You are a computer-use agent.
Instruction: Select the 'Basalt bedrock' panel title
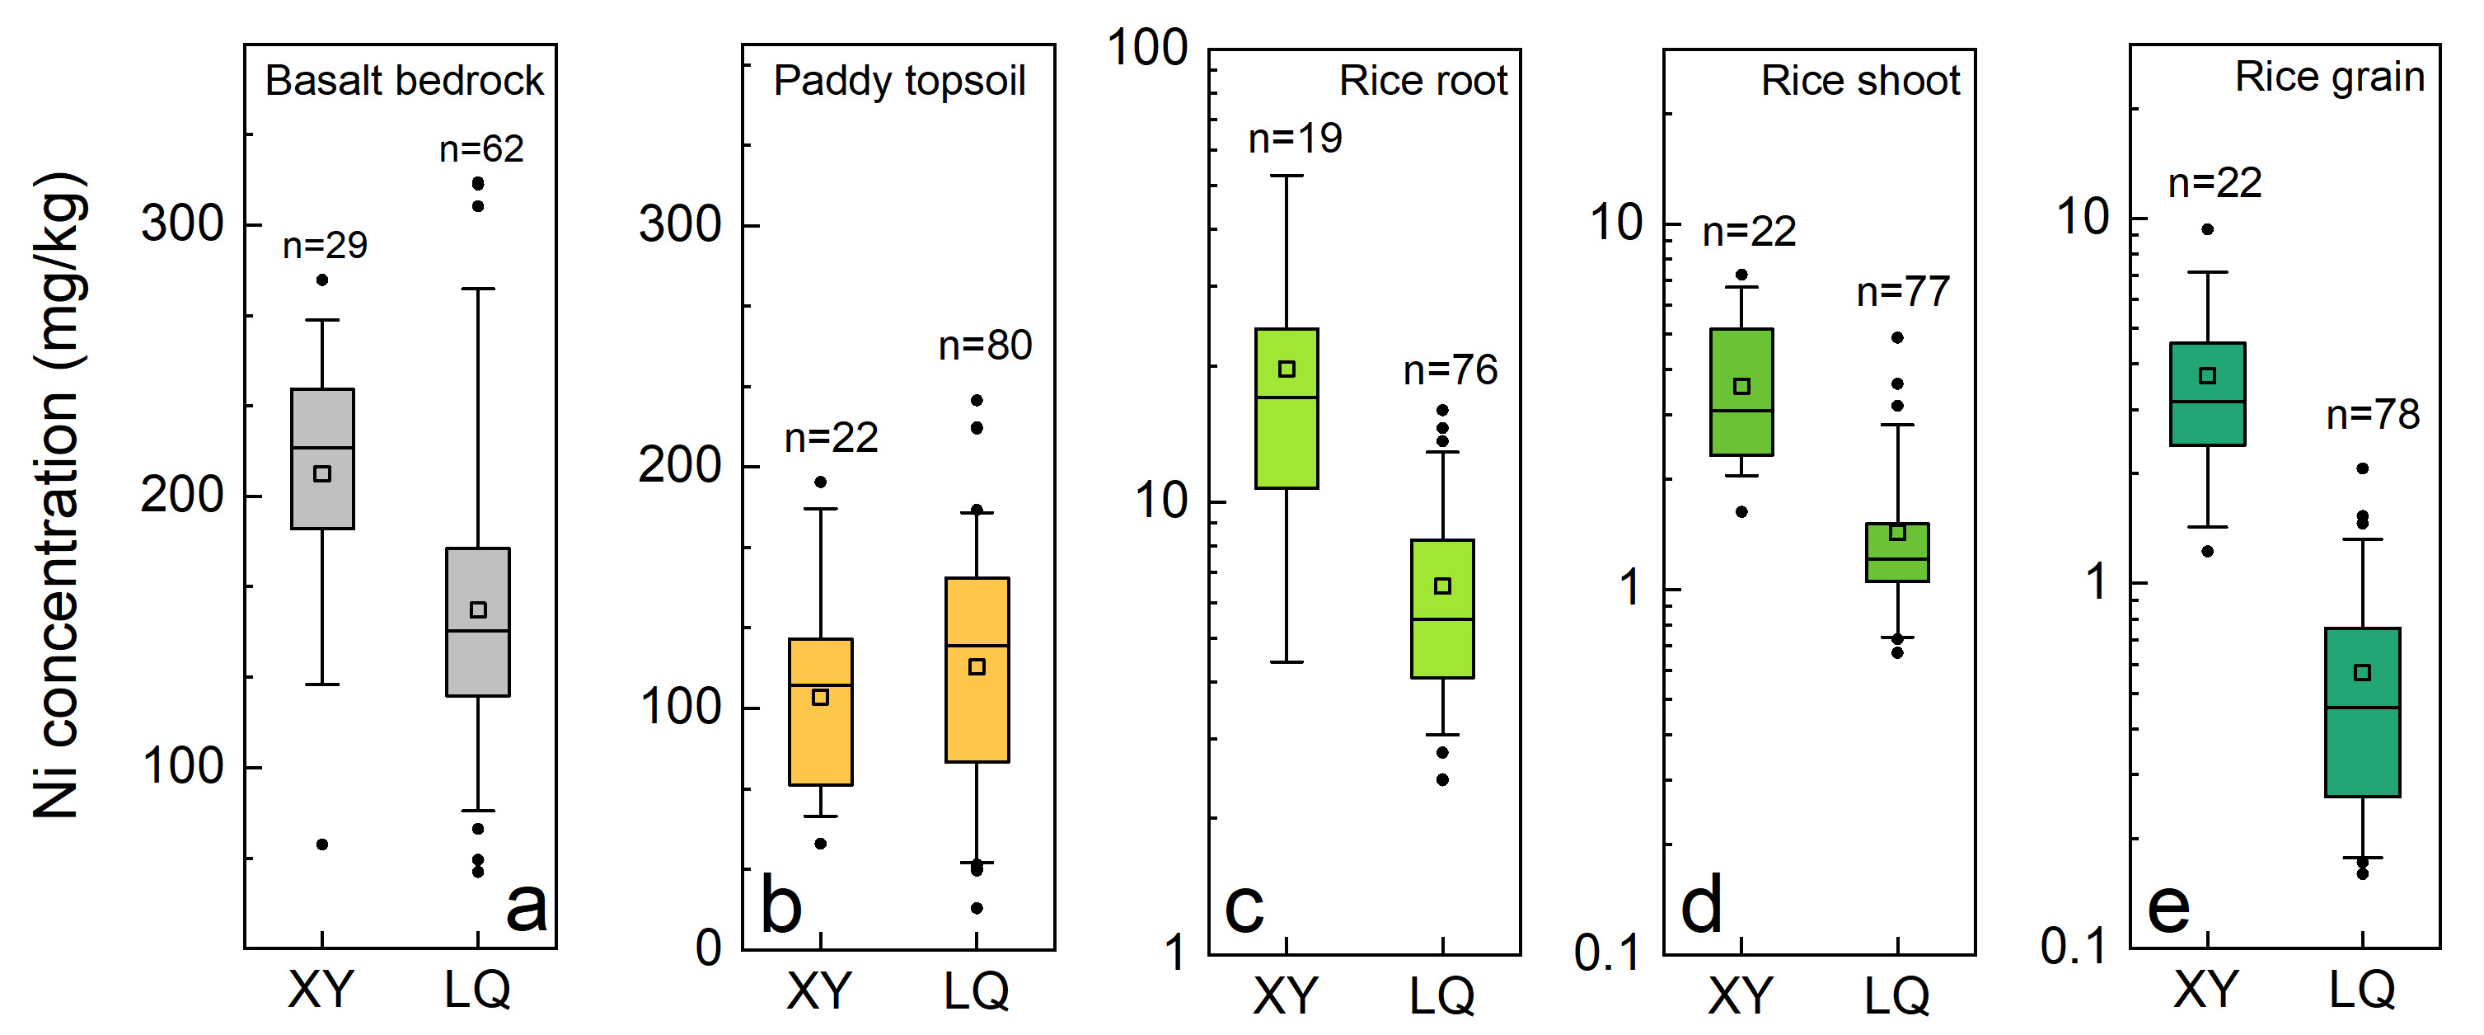tap(404, 81)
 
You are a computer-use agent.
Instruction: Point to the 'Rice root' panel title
tap(1422, 81)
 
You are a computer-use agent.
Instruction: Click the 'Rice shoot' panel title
tap(1860, 81)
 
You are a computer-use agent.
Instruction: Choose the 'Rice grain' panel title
tap(2329, 78)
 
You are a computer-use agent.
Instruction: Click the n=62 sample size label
tap(481, 148)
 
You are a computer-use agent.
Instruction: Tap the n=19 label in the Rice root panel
tap(1295, 139)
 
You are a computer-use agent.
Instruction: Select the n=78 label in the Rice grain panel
tap(2372, 416)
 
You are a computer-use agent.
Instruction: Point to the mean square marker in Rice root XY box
tap(1287, 369)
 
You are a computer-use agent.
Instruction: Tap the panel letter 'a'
tap(527, 906)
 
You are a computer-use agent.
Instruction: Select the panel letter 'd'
tap(1702, 906)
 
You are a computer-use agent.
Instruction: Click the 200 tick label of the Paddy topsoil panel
tap(680, 466)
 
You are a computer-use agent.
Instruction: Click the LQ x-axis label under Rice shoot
tap(1896, 995)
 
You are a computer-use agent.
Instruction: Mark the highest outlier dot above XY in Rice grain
tap(2207, 229)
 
